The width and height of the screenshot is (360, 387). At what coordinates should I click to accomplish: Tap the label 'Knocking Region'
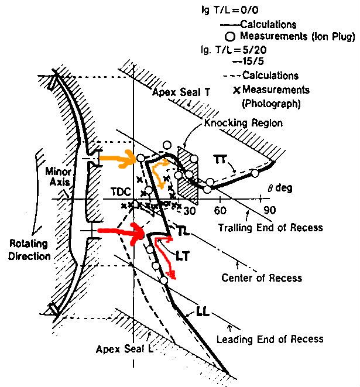(x=244, y=123)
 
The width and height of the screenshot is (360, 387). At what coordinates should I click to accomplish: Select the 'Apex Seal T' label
(x=181, y=93)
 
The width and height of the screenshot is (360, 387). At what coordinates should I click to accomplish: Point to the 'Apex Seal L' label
(x=125, y=350)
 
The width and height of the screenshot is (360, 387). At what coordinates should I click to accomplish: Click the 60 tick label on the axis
(x=220, y=211)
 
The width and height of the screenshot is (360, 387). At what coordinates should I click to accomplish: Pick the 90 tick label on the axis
(x=270, y=210)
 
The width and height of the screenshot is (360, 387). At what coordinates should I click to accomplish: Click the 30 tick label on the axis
(x=190, y=211)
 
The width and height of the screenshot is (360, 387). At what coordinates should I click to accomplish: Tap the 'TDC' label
(x=121, y=192)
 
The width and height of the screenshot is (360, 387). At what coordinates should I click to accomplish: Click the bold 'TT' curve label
(x=220, y=160)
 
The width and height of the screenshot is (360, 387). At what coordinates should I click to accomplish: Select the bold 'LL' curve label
(x=203, y=311)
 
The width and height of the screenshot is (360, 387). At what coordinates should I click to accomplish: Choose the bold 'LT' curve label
(x=183, y=256)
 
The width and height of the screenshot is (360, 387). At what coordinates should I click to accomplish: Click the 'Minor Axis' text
(x=58, y=177)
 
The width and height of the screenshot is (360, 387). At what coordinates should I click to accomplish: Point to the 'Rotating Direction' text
(x=29, y=250)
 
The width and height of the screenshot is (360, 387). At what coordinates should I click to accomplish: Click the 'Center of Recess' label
(x=262, y=278)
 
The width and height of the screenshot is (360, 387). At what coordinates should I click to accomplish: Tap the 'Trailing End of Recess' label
(x=270, y=228)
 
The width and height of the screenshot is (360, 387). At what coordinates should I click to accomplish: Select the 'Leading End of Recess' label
(x=270, y=339)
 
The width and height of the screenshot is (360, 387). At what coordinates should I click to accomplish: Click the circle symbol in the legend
(x=229, y=36)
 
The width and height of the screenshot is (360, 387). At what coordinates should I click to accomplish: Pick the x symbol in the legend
(x=236, y=90)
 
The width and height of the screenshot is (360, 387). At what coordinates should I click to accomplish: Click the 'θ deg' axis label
(x=280, y=188)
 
